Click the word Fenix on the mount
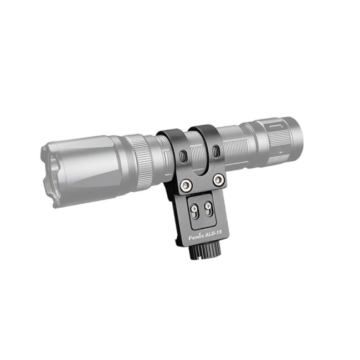pos(196,236)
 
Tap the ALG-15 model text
pos(214,234)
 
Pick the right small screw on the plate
pos(208,205)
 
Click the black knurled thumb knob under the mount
pos(205,251)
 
